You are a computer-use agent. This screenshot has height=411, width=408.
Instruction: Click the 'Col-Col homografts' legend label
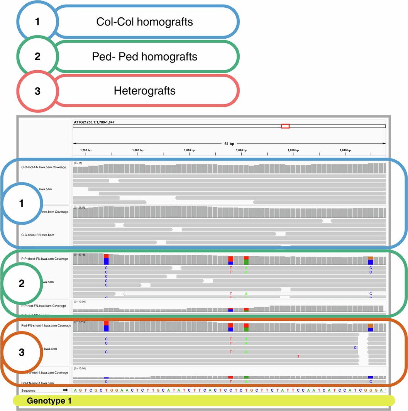[144, 22]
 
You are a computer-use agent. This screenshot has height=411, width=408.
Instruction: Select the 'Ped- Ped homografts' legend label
[144, 57]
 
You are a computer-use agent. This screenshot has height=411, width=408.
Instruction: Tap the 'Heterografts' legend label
[144, 91]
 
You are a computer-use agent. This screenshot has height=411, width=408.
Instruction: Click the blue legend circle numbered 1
[37, 22]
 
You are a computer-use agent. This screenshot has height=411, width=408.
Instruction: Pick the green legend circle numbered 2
[37, 56]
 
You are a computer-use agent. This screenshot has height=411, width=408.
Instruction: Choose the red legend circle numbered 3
[37, 91]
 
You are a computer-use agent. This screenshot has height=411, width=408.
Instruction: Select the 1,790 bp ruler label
[86, 150]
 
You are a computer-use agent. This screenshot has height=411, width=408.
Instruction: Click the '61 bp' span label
[229, 144]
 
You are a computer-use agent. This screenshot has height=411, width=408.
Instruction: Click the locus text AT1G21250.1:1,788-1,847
[94, 122]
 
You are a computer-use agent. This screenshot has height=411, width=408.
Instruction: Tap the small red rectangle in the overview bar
[285, 126]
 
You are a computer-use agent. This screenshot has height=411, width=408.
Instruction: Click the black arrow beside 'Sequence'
[65, 391]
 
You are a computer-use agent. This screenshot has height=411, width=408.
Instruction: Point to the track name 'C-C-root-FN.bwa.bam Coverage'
[44, 167]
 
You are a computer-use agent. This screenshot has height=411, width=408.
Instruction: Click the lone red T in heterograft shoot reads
[298, 356]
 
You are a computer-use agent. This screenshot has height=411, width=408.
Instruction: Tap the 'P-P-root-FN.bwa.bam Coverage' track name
[43, 306]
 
